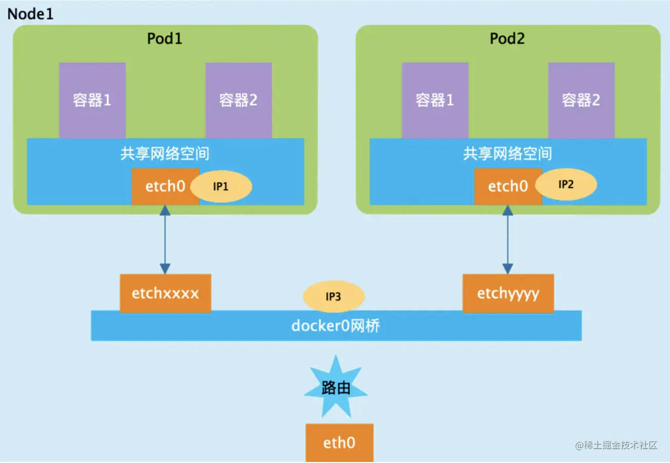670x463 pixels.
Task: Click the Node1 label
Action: (x=30, y=14)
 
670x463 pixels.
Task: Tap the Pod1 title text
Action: (x=165, y=38)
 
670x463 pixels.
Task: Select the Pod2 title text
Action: (x=507, y=38)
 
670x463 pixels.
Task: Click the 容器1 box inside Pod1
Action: (x=92, y=100)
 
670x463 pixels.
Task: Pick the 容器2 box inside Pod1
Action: (x=239, y=100)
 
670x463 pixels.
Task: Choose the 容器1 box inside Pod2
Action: (x=435, y=100)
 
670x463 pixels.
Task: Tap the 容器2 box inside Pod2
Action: (x=581, y=100)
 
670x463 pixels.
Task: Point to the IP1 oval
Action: (x=221, y=186)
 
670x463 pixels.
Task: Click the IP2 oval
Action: (x=566, y=184)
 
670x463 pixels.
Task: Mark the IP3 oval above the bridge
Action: (x=334, y=296)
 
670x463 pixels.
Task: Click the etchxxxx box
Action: (x=165, y=293)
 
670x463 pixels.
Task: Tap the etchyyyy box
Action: (x=508, y=293)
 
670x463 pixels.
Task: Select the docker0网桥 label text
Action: (x=336, y=325)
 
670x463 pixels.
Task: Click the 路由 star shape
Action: (x=336, y=387)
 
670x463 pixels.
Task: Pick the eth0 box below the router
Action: (x=340, y=443)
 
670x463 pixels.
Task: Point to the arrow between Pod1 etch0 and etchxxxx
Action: (x=165, y=239)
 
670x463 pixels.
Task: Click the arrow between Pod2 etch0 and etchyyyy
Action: (x=507, y=239)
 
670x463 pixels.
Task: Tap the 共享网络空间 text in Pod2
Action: (x=507, y=153)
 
